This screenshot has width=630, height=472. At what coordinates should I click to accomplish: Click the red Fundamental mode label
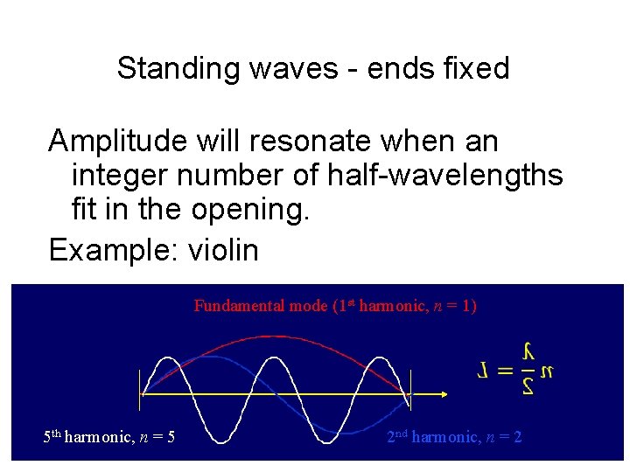[335, 306]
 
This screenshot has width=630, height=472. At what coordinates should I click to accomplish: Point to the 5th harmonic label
[108, 435]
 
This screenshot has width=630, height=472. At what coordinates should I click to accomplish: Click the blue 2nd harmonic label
[454, 435]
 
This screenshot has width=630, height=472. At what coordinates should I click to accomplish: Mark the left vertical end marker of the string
[140, 389]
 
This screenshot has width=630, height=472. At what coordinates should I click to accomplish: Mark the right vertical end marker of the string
[410, 389]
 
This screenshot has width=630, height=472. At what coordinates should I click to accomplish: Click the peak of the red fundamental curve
[275, 333]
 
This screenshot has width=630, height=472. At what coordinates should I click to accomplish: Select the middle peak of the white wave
[275, 357]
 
